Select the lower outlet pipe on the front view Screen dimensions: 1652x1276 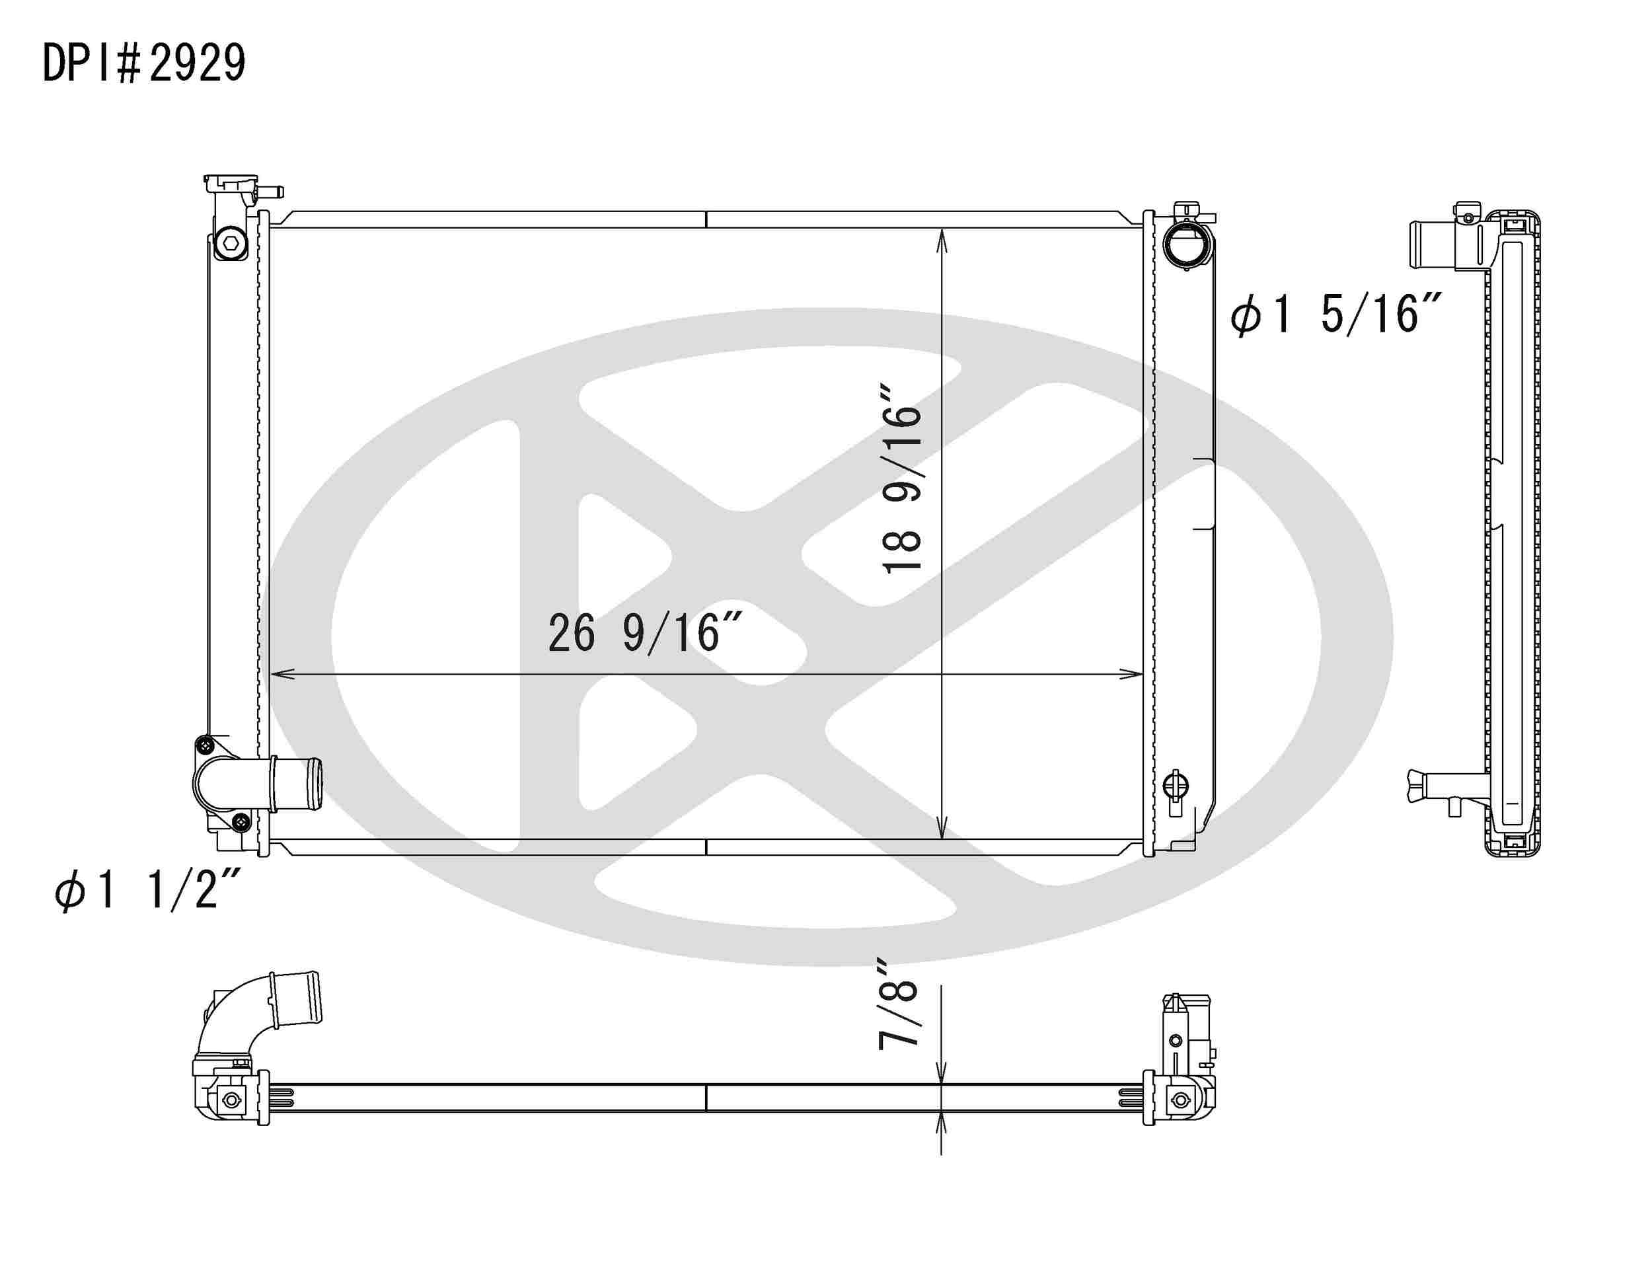pyautogui.click(x=296, y=784)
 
